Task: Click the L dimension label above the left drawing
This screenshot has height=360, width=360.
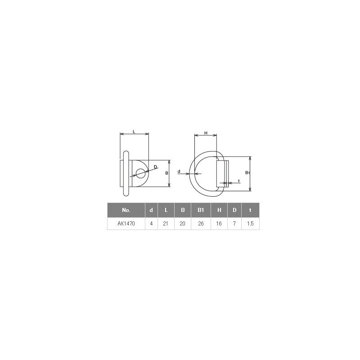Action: point(134,131)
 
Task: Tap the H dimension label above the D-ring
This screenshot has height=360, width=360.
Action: point(206,133)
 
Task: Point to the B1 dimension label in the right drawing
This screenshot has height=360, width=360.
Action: point(247,173)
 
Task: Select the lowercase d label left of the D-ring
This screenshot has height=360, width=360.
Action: point(179,171)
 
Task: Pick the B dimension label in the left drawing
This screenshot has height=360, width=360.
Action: point(166,173)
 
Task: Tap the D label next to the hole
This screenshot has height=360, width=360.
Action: point(155,167)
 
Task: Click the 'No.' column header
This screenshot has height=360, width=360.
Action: point(126,210)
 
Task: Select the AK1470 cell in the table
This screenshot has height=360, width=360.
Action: point(126,223)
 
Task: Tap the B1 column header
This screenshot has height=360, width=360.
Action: point(201,210)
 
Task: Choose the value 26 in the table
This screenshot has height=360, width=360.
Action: point(201,223)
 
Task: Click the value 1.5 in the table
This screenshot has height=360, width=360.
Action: point(250,223)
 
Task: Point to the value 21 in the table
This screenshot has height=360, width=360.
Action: point(166,223)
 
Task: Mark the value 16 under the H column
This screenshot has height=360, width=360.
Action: point(219,223)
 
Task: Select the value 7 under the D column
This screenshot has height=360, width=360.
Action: point(234,223)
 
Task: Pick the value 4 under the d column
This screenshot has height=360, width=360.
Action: point(151,223)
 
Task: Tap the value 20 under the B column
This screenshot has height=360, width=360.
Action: point(183,223)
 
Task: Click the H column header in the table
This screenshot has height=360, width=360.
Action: point(219,210)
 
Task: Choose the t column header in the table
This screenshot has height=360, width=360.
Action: point(250,210)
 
